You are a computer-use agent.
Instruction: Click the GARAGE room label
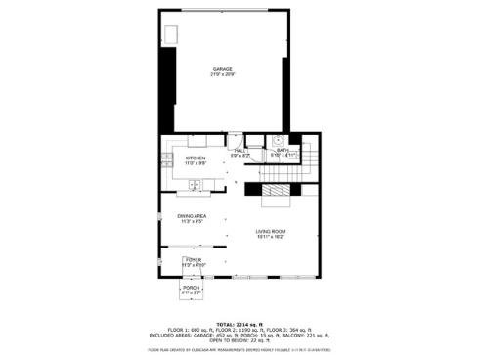point(223,69)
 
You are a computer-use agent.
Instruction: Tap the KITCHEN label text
point(195,157)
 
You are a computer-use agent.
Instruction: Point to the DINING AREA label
point(192,215)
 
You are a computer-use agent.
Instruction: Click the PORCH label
point(191,288)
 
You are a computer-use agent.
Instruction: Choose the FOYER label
point(194,259)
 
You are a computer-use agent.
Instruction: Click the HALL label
point(239,150)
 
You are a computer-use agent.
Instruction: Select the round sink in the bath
point(277,141)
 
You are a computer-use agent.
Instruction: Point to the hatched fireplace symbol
point(279,192)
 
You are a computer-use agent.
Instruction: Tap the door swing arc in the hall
point(236,140)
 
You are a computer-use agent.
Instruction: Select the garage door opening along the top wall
point(223,10)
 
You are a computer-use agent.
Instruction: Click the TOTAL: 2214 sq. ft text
point(239,322)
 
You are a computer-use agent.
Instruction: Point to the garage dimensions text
point(223,75)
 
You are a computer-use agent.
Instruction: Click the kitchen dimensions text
point(195,162)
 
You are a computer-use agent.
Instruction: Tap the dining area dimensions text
point(192,221)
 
